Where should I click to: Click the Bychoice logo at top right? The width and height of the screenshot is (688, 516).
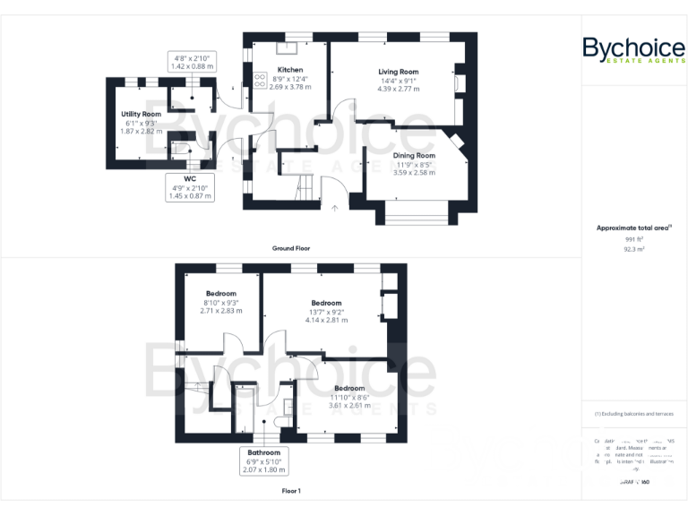pos(634,50)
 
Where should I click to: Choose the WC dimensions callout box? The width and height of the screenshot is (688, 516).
pos(189,186)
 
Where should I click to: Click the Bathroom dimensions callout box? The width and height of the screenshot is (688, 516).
pos(264,460)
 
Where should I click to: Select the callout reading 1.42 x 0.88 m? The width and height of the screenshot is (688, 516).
pos(192,62)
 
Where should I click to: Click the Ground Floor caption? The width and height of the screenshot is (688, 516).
pos(291,247)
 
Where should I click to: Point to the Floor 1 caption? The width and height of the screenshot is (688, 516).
pos(291,491)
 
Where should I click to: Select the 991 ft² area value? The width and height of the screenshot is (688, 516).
pos(634,240)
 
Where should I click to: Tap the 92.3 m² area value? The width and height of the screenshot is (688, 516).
pos(634,250)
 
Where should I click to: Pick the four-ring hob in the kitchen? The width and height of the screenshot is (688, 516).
pos(261,81)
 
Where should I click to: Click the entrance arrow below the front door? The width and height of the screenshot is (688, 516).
pos(335,209)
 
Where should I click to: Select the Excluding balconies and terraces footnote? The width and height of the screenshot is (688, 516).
pos(633,414)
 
